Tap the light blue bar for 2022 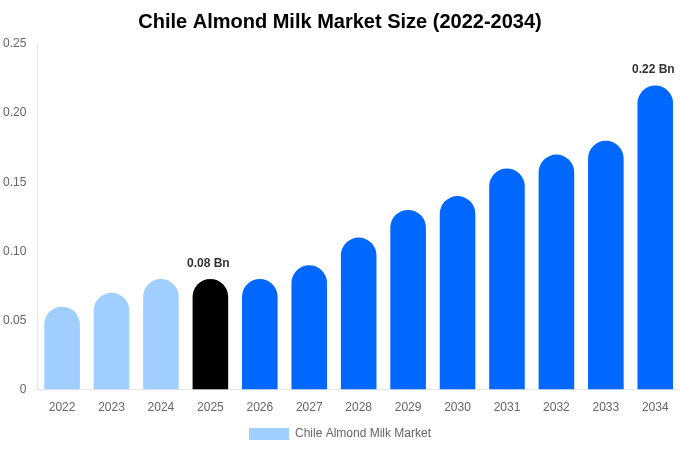coord(62,349)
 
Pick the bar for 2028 coord(358,314)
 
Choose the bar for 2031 coord(507,280)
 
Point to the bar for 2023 coord(111,342)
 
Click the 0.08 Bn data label coord(208,263)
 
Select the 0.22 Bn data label coord(653,69)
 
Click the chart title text coord(340,21)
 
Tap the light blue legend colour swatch coord(268,434)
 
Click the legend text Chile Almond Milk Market coord(363,433)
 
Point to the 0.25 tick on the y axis coord(15,43)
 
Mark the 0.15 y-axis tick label coord(15,182)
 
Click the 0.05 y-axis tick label coord(15,320)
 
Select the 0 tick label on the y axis coord(23,389)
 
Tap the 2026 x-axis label coord(260,407)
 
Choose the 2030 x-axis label coord(457,407)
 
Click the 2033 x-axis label coord(606,407)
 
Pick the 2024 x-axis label coord(161,407)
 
